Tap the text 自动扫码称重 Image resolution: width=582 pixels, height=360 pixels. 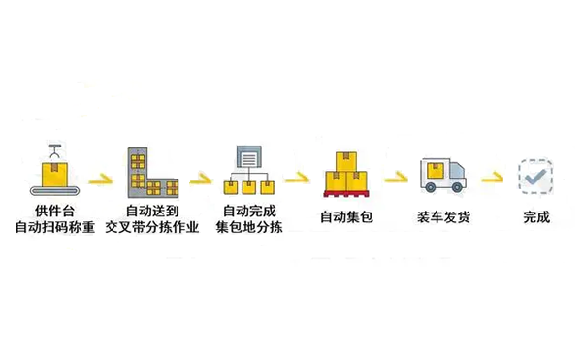(x=54, y=228)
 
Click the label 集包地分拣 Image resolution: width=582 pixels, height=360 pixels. (x=249, y=228)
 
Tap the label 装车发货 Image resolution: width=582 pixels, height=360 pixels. (x=444, y=216)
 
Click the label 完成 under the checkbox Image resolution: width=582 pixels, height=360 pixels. (x=535, y=216)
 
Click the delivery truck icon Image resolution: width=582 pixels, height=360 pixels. (x=442, y=175)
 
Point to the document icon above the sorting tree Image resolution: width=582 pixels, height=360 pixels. (x=248, y=158)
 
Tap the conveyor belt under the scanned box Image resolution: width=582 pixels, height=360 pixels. (x=54, y=188)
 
